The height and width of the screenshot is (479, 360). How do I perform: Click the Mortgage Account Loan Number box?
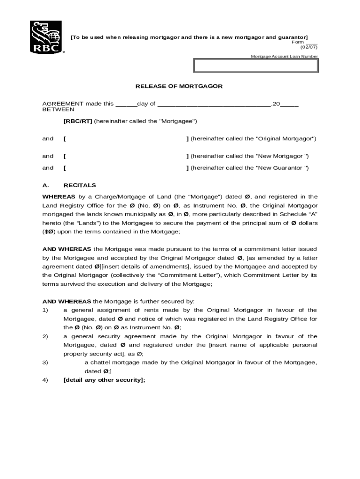(256, 65)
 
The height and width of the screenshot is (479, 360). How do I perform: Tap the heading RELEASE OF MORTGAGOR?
(179, 87)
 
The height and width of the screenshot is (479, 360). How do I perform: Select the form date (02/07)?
(308, 47)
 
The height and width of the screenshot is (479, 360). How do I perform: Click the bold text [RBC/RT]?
(78, 121)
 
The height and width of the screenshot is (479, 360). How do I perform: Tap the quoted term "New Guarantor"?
(282, 168)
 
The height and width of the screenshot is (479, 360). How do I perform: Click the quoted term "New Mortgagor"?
(282, 156)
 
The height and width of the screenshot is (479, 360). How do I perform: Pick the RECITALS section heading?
(79, 185)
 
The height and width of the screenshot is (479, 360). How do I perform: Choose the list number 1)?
(45, 310)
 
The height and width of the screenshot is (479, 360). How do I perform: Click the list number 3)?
(45, 363)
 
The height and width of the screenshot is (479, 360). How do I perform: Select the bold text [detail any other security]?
(104, 380)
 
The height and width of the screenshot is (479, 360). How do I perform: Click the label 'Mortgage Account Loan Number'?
(284, 57)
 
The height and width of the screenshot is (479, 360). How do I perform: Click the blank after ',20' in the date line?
(289, 104)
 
